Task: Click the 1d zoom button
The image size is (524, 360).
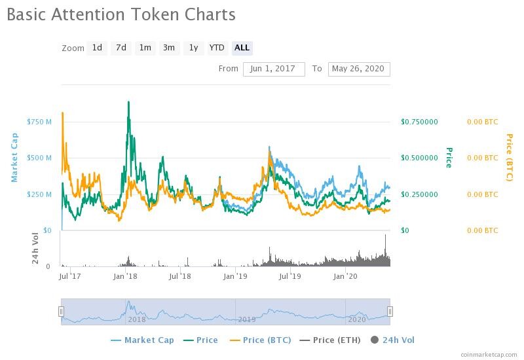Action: (97, 48)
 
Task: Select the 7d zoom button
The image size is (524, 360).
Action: (121, 48)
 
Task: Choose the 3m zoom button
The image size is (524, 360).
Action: (169, 48)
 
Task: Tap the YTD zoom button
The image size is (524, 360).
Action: (217, 48)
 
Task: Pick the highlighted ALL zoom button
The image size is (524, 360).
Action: (242, 48)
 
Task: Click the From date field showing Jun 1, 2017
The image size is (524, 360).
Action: (274, 69)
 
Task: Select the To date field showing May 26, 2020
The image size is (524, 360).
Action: (359, 69)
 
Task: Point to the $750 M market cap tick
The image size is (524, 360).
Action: (39, 122)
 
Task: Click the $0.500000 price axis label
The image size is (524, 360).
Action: (419, 158)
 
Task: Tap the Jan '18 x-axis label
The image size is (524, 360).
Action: (125, 276)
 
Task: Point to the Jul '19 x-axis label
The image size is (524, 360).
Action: (290, 276)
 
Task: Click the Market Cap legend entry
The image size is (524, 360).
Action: (142, 340)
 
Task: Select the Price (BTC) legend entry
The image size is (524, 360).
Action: (260, 340)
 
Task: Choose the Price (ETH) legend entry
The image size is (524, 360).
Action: (330, 340)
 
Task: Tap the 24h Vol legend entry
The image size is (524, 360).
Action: (392, 340)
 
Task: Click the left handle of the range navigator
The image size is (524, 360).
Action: (61, 312)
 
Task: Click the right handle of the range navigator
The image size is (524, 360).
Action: (390, 312)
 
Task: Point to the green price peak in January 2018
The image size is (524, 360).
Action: (128, 101)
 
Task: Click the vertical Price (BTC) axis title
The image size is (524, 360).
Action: (510, 157)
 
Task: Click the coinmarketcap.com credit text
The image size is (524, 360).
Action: (489, 355)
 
